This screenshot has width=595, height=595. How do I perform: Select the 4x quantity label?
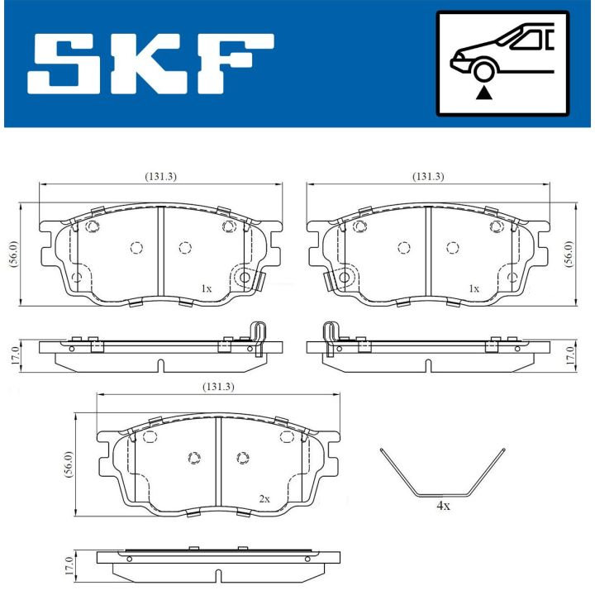(x=443, y=506)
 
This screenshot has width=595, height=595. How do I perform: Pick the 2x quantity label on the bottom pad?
(x=264, y=499)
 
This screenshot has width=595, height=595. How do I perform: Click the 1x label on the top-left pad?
(x=207, y=289)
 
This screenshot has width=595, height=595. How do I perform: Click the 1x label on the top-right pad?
(x=474, y=289)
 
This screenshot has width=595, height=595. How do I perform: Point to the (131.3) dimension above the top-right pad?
(x=428, y=176)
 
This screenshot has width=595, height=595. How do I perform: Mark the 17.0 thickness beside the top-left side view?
(x=12, y=355)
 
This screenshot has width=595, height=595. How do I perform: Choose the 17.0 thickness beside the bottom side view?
(x=69, y=567)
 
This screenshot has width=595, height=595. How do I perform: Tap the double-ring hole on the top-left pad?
(x=243, y=277)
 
